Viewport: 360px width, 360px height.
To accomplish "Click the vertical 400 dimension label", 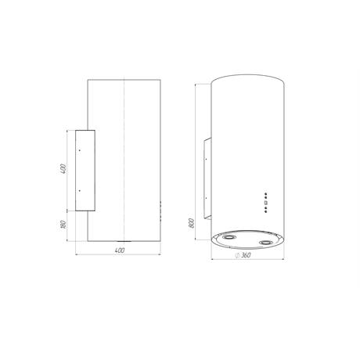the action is coord(63,169).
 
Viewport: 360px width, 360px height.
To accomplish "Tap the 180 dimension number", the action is coord(63,225).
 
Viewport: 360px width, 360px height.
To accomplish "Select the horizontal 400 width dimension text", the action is coord(120,250).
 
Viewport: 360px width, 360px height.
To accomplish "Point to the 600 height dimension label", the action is coord(192,223).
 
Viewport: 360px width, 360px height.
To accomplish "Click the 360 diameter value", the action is coord(246,255).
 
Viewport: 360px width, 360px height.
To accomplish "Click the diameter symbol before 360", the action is coord(237,255).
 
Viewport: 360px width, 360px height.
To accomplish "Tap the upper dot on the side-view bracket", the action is coord(80,150).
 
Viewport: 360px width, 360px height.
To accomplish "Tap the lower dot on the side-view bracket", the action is coord(80,191).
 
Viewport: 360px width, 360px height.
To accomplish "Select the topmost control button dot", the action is coord(265,194).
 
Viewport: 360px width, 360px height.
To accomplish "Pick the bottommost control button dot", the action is coord(265,211).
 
